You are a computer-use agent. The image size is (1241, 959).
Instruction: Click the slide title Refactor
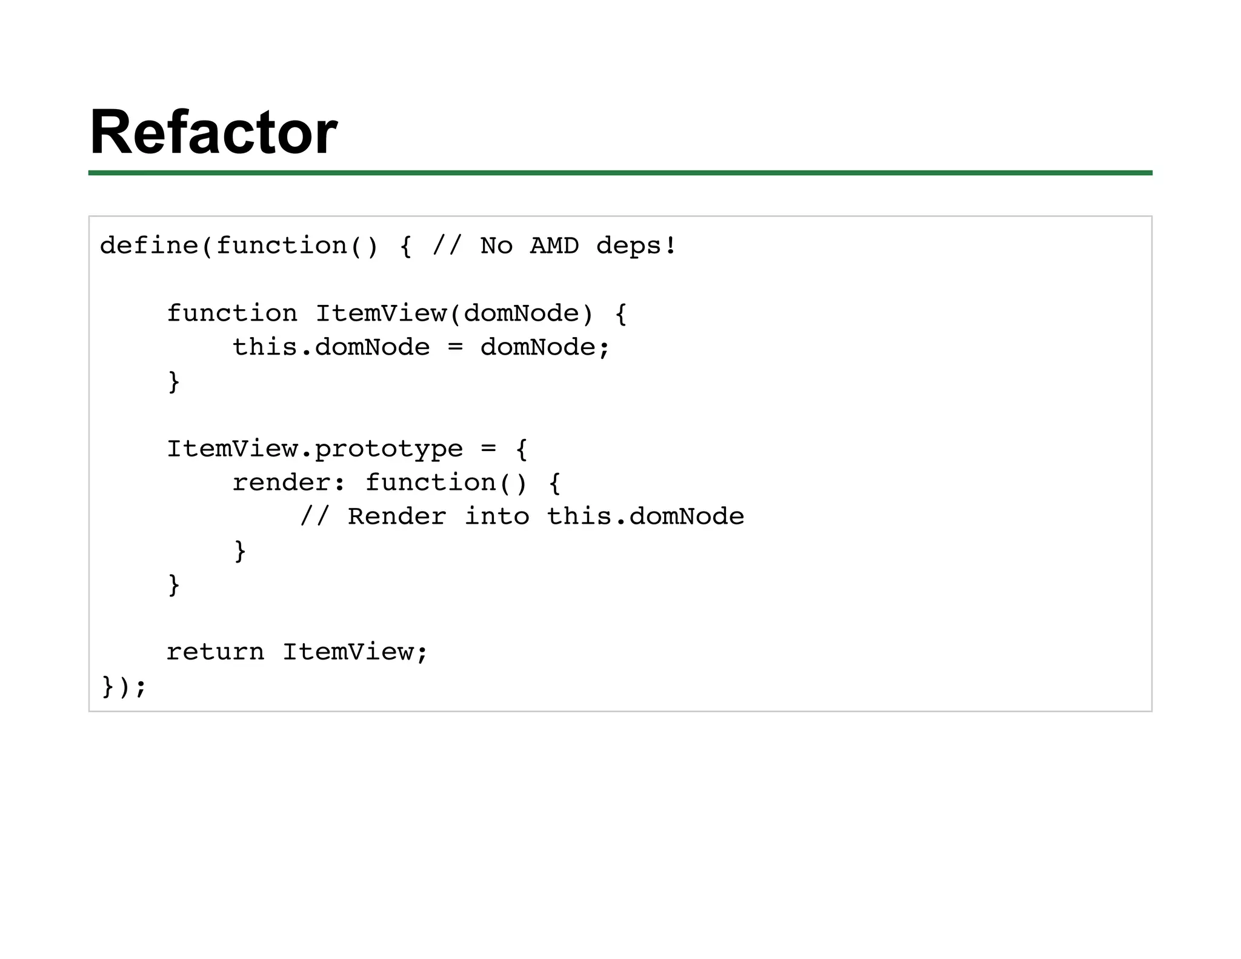coord(213,132)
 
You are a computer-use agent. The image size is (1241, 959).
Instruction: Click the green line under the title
coord(620,173)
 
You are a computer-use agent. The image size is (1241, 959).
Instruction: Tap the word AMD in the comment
coord(554,246)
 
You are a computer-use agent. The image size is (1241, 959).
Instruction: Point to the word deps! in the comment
coord(636,246)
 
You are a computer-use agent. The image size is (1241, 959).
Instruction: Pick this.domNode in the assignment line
coord(331,347)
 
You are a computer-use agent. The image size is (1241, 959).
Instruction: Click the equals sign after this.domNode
coord(455,347)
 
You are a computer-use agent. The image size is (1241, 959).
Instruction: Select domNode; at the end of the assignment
coord(545,347)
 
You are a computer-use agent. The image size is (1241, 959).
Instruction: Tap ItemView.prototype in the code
coord(314,449)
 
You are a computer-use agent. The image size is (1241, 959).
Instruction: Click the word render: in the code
coord(288,483)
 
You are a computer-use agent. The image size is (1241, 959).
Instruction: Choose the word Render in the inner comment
coord(397,517)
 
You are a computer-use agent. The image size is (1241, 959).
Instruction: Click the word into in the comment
coord(497,517)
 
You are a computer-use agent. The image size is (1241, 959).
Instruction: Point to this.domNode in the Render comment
coord(645,517)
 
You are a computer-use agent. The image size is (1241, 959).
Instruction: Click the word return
coord(215,652)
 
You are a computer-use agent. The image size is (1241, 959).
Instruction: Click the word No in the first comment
coord(496,246)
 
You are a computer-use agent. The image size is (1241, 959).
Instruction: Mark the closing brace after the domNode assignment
coord(174,382)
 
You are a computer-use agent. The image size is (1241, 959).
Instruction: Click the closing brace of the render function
coord(240,551)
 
